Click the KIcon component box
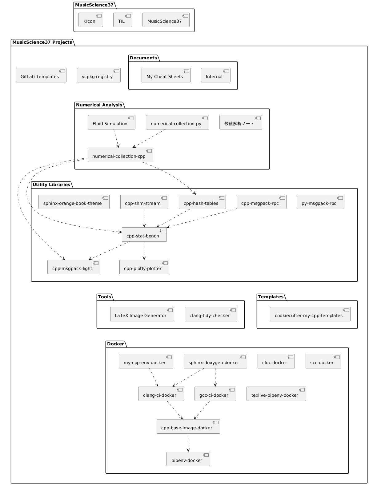(x=90, y=20)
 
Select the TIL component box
(x=122, y=20)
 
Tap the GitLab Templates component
(x=41, y=75)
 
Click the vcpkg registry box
(x=98, y=75)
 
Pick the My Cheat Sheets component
(x=166, y=75)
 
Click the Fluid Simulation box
(x=111, y=122)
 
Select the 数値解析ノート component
(x=241, y=122)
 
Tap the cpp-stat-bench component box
(x=144, y=235)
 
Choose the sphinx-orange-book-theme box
(x=74, y=202)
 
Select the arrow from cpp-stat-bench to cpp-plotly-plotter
(x=144, y=251)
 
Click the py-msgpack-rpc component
(x=320, y=202)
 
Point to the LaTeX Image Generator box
(x=142, y=314)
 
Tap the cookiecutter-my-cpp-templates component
(x=310, y=314)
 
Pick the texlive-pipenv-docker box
(x=276, y=394)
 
